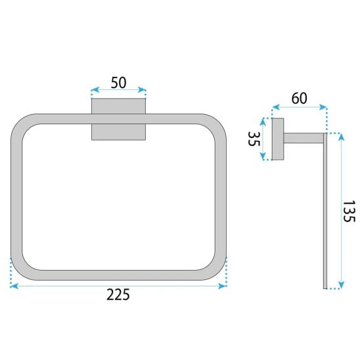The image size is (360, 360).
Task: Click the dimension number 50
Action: [x=118, y=82]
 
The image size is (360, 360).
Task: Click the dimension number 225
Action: [x=118, y=294]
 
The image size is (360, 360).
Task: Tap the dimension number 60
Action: [x=299, y=99]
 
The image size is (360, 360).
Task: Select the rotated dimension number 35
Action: [x=254, y=139]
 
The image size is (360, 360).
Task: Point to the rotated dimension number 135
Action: [x=349, y=211]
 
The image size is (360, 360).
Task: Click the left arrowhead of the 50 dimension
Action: [x=95, y=89]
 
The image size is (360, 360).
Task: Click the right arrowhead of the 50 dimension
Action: [x=142, y=89]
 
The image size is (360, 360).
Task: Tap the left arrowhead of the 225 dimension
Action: [x=14, y=286]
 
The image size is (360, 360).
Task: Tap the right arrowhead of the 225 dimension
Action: [x=223, y=286]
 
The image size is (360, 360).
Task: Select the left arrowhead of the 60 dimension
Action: [x=276, y=107]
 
